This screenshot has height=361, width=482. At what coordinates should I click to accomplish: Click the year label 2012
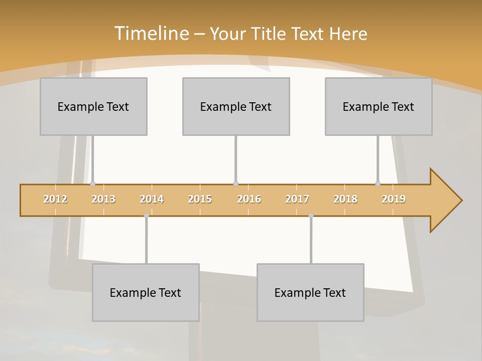click(x=55, y=199)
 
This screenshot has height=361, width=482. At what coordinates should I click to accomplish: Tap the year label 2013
click(x=103, y=199)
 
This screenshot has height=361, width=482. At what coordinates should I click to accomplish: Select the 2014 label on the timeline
click(x=152, y=199)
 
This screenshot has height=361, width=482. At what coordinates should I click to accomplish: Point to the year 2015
click(x=200, y=199)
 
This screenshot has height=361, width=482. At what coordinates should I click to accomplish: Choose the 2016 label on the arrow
click(x=249, y=199)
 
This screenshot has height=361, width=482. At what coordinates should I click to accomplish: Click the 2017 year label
click(x=297, y=199)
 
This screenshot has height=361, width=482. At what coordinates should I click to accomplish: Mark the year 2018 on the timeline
click(x=345, y=199)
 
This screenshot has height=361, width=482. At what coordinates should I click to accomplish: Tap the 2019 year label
click(x=394, y=199)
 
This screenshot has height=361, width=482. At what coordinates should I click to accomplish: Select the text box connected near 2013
click(x=93, y=106)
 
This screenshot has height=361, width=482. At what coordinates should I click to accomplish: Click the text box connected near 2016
click(x=236, y=106)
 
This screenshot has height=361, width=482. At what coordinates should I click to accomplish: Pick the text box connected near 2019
click(x=379, y=106)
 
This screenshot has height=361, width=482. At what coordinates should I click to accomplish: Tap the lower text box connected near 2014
click(x=146, y=292)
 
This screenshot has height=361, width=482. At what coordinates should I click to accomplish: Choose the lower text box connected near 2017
click(x=310, y=292)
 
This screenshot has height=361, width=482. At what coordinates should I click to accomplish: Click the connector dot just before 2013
click(x=92, y=184)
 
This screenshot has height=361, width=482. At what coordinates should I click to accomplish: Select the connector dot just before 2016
click(x=235, y=184)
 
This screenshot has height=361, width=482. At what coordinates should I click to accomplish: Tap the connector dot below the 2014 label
click(x=146, y=216)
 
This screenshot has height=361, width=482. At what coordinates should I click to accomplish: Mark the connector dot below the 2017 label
click(x=311, y=216)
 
